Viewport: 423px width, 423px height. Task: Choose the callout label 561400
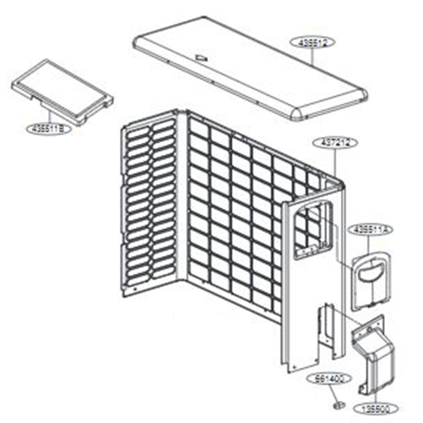(x=329, y=379)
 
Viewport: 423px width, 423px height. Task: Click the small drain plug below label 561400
(x=337, y=405)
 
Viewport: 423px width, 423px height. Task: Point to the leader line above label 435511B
(x=49, y=116)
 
